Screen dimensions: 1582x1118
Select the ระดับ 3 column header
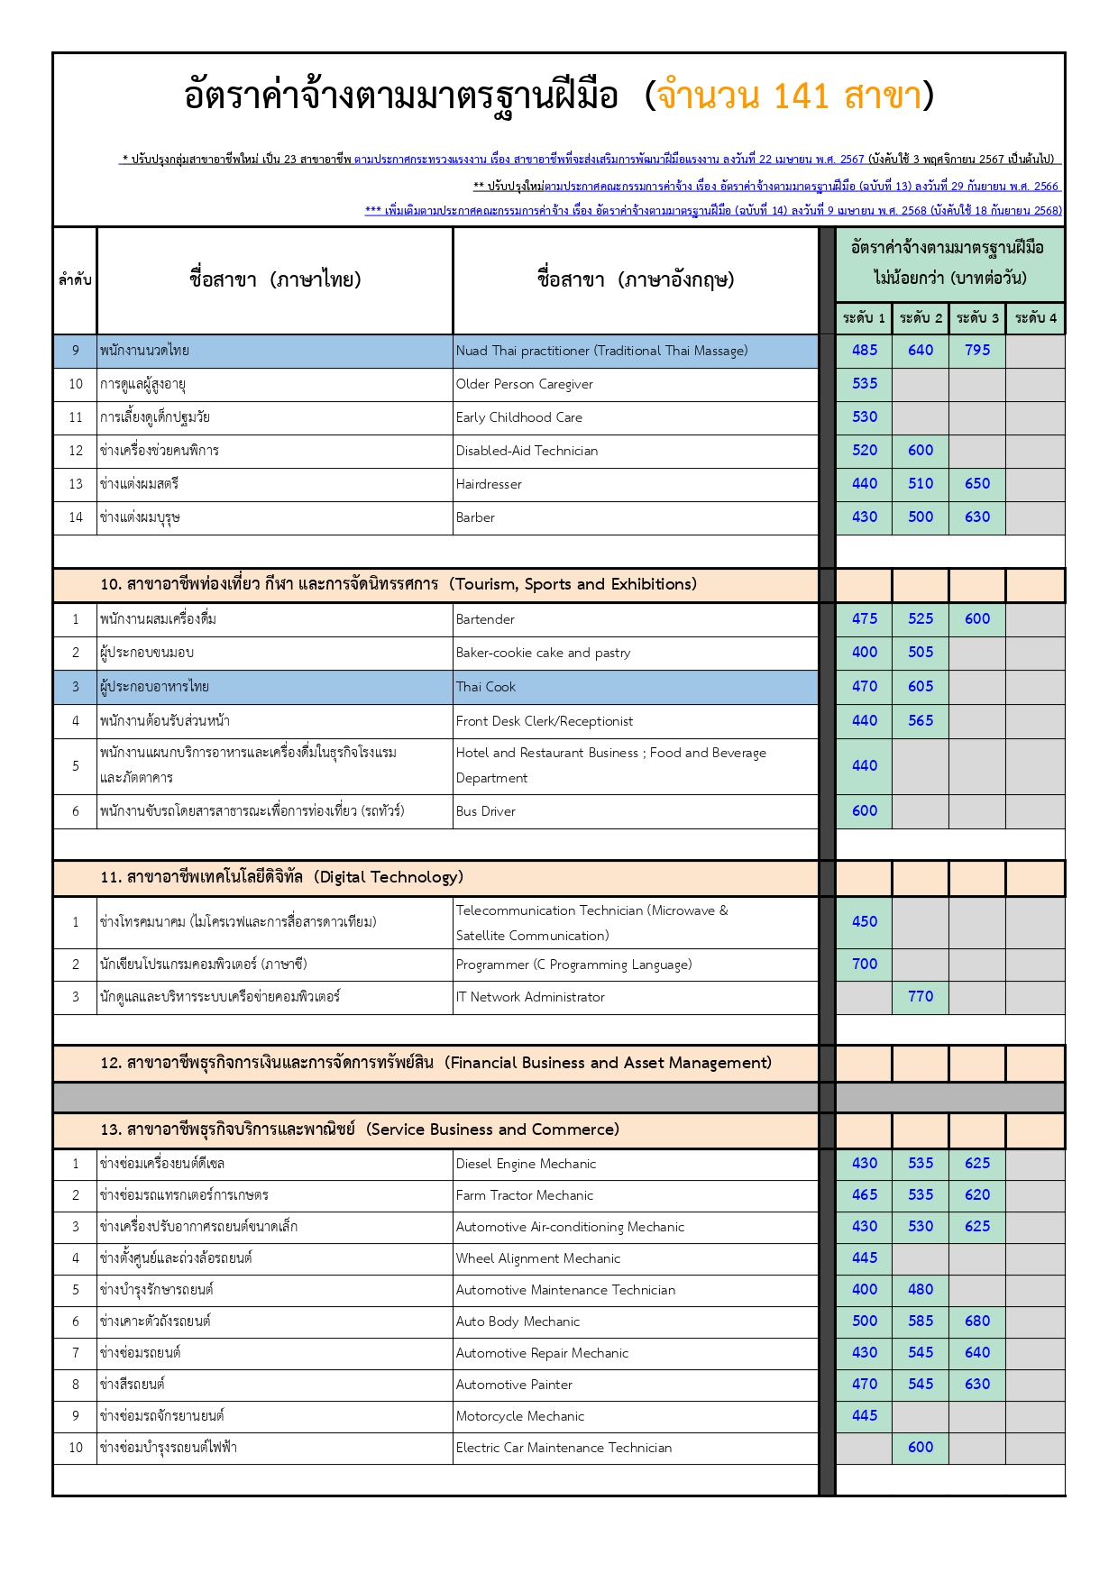click(977, 317)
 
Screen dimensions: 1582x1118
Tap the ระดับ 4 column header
click(1035, 317)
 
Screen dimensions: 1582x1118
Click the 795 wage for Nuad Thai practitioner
click(977, 350)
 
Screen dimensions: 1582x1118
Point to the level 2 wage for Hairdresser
click(921, 483)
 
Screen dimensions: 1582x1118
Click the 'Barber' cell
click(475, 517)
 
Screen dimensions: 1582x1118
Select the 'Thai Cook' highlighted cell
click(486, 687)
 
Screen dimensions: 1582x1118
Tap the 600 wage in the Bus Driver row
click(865, 810)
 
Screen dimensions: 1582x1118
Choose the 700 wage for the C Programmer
click(865, 964)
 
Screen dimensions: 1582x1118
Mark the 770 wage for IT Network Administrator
click(921, 996)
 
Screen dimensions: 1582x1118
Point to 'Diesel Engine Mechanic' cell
click(526, 1164)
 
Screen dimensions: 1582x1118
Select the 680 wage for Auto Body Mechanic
click(977, 1321)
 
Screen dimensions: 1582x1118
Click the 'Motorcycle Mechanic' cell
click(519, 1416)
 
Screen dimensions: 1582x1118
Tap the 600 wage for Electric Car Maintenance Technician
click(921, 1447)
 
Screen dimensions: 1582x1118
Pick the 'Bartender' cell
click(485, 619)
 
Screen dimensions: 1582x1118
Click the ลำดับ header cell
click(75, 279)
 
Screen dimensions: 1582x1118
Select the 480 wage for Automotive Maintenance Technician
click(921, 1289)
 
